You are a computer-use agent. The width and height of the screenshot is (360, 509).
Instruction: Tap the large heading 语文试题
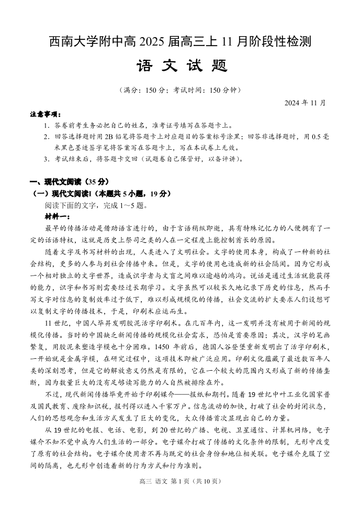point(180,67)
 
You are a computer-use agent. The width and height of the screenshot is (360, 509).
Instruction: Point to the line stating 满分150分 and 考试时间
point(180,90)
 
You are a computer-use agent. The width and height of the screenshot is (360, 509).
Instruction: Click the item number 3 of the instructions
point(47,159)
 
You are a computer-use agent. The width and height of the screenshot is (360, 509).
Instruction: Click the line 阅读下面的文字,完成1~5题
point(96,205)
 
